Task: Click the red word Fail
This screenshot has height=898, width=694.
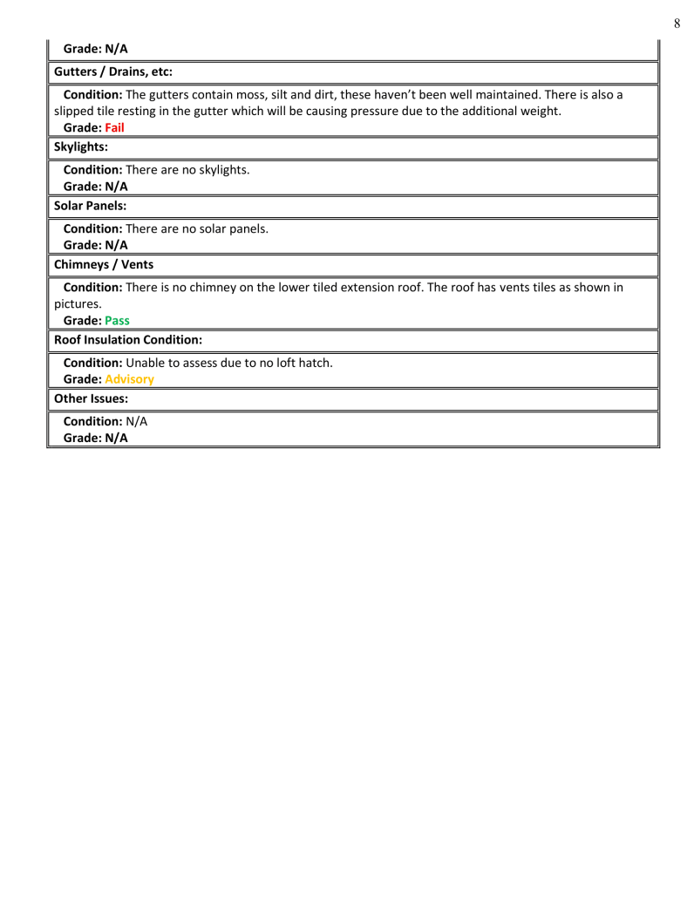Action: (115, 127)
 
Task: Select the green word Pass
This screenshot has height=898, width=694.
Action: (118, 320)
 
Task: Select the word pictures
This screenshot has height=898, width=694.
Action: (78, 303)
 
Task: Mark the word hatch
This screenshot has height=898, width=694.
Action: (313, 362)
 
